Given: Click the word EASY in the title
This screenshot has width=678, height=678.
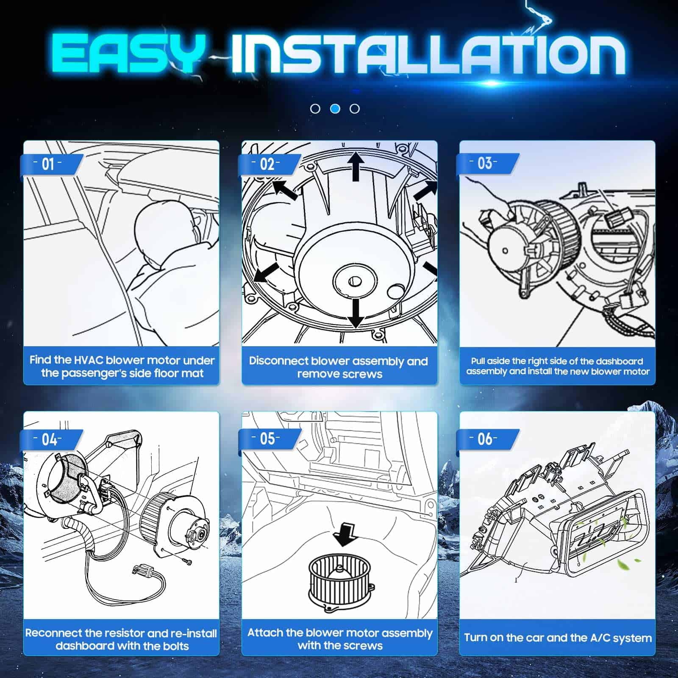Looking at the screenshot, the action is pyautogui.click(x=128, y=54).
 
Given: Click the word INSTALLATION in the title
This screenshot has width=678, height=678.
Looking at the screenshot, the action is pyautogui.click(x=428, y=54).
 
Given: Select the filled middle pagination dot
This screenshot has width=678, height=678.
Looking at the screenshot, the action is pyautogui.click(x=335, y=109).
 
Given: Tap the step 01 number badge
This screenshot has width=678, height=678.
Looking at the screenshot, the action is pyautogui.click(x=48, y=164).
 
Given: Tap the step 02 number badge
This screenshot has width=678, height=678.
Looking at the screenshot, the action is pyautogui.click(x=267, y=164).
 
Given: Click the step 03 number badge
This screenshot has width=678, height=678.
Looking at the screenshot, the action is pyautogui.click(x=485, y=164).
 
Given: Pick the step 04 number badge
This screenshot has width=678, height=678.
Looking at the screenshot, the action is pyautogui.click(x=49, y=439).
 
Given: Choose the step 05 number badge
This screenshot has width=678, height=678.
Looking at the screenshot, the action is pyautogui.click(x=267, y=439).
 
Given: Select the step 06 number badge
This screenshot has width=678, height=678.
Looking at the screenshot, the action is pyautogui.click(x=485, y=439).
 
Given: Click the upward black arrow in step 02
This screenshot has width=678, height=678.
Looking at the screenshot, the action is pyautogui.click(x=356, y=167).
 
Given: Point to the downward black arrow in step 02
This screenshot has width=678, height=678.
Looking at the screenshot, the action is pyautogui.click(x=356, y=314).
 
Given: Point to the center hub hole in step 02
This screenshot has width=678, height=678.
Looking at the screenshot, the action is pyautogui.click(x=354, y=281).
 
